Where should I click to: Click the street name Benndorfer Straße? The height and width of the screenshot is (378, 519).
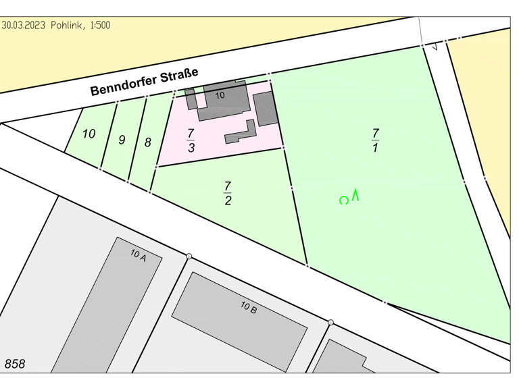coord(144,82)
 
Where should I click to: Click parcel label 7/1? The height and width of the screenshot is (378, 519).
coord(375,140)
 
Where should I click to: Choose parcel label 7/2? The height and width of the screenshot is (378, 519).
coord(228,193)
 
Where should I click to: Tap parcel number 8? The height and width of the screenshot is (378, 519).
coord(148,142)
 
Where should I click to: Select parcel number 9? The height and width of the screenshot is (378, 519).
coord(122,140)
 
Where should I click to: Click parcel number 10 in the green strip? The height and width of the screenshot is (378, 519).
coord(89,134)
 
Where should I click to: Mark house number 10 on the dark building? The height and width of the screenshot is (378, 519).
coord(220,96)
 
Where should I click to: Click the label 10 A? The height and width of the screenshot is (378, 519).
coord(139,254)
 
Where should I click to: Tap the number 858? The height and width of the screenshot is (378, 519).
coord(15,364)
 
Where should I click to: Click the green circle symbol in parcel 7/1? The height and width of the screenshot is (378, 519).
coord(344,200)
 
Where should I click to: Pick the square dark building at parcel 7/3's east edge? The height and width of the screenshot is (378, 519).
coord(265,109)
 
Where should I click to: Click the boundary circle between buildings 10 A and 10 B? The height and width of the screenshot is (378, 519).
coord(189,256)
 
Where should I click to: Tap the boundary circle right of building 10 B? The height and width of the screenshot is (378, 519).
coord(330,323)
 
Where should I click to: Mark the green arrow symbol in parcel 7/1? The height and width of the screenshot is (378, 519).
coord(355,196)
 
